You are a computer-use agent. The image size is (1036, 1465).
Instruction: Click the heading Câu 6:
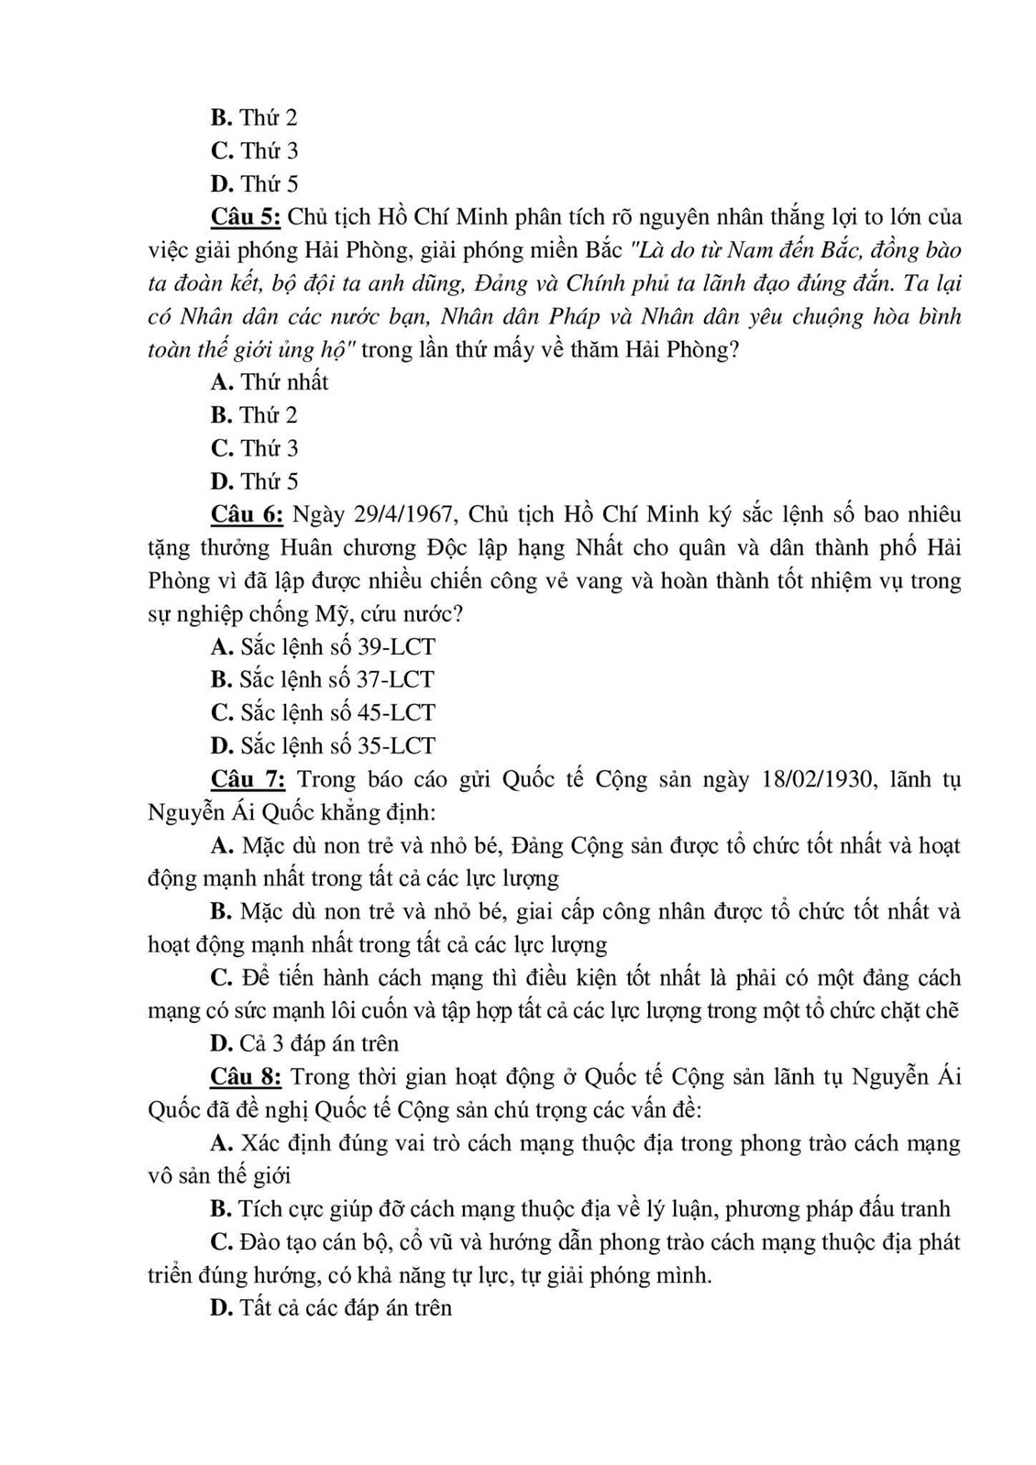click(x=246, y=514)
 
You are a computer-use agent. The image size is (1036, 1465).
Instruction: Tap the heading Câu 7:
click(x=248, y=779)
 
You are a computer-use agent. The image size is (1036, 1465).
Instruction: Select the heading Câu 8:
click(x=245, y=1076)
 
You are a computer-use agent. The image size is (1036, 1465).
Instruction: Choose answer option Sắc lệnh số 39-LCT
click(x=323, y=646)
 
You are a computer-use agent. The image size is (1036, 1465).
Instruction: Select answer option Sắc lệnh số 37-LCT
click(x=323, y=679)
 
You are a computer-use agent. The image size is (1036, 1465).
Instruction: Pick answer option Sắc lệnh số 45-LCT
click(x=323, y=712)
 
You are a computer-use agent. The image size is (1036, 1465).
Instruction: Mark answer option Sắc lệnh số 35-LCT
click(x=323, y=745)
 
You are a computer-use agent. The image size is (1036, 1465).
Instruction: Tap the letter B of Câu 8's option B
click(x=219, y=1209)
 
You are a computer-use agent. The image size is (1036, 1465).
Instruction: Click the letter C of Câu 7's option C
click(x=220, y=977)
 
